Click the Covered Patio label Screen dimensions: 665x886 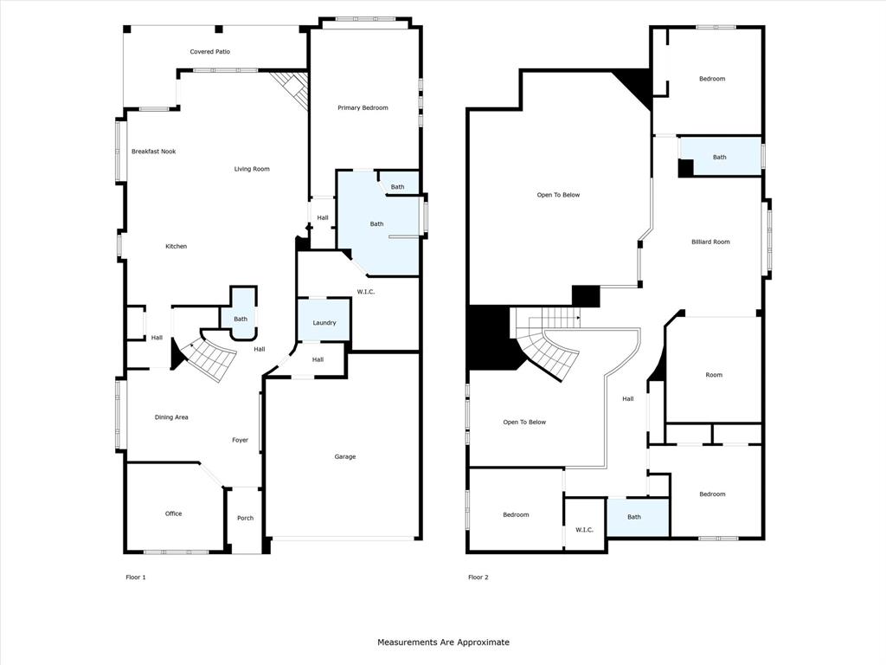[x=210, y=52]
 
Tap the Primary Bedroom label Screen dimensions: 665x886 [x=363, y=108]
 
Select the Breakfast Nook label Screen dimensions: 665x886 [x=153, y=152]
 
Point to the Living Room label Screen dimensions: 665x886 [x=252, y=169]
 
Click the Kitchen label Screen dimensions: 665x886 [x=176, y=247]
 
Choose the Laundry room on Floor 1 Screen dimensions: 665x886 [x=324, y=322]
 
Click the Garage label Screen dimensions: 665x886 [x=345, y=456]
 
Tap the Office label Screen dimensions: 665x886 [x=173, y=513]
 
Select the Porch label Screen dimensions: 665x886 [x=246, y=518]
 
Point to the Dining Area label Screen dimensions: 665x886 [x=171, y=417]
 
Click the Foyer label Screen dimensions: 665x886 [x=240, y=440]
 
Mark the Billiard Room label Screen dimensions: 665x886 [x=710, y=242]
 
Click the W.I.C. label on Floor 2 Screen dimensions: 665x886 [x=584, y=529]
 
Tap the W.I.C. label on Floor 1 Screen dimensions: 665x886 [x=366, y=292]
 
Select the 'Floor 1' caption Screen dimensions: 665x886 [x=136, y=577]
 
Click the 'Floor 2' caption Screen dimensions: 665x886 [x=478, y=577]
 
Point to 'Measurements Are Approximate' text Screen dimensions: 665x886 [x=443, y=642]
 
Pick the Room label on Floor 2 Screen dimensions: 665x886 [x=713, y=375]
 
